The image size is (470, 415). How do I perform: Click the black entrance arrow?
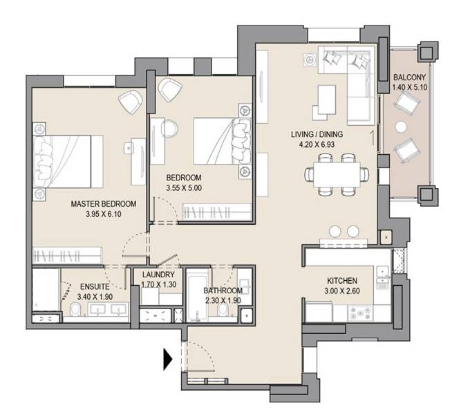167,359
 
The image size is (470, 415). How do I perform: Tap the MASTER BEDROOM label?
104,204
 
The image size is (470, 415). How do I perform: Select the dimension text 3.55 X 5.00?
184,188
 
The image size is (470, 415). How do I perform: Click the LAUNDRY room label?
158,275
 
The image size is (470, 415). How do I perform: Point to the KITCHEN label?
342,281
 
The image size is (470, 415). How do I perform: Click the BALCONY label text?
409,77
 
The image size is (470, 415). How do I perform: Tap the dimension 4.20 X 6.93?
317,145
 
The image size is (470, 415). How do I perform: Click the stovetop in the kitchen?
360,313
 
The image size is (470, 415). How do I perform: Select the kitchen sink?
383,277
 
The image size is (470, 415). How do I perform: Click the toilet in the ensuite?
75,309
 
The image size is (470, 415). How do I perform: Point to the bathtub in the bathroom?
196,295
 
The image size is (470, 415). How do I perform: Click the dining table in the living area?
337,174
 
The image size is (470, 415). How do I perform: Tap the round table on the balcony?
401,127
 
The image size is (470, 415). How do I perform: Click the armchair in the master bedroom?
130,102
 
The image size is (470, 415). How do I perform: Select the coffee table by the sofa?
327,100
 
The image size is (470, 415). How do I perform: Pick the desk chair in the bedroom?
169,129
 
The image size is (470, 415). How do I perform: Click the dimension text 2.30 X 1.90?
223,300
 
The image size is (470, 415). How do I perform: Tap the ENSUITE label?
95,286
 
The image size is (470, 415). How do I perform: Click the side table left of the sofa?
310,59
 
